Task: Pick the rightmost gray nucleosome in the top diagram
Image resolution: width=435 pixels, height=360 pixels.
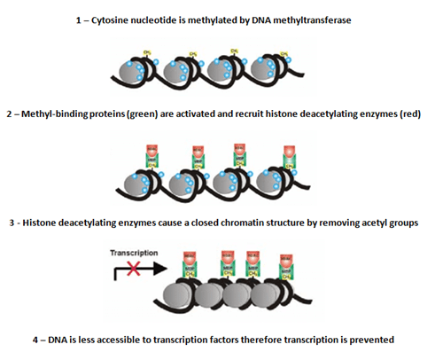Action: pos(281,75)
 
